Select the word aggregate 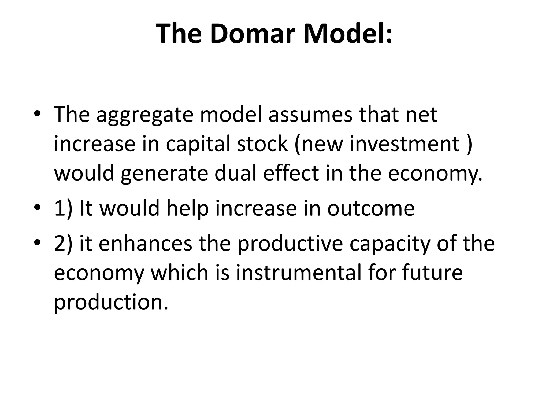pos(145,116)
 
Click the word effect pos(291,173)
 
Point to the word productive pos(290,245)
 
